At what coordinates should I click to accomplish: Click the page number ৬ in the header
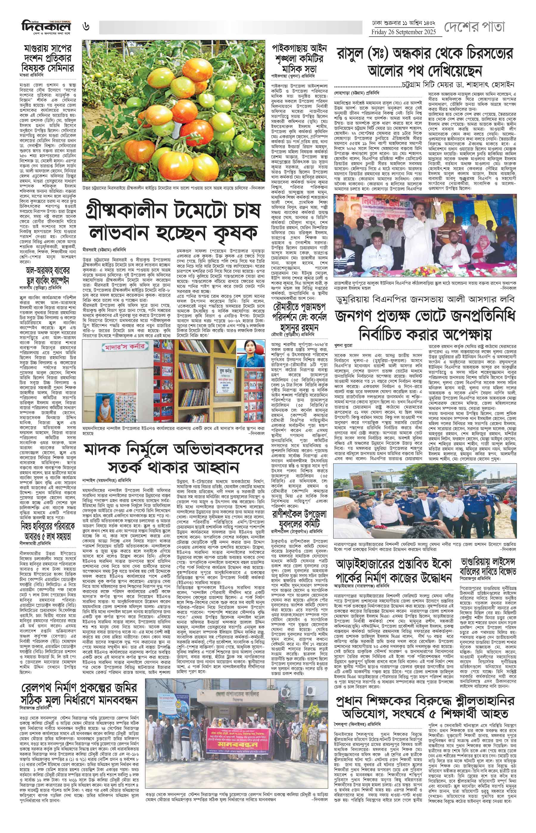tap(86, 27)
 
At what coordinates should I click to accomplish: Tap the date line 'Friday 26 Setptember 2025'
tap(406, 32)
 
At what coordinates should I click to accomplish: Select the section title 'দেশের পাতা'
tap(474, 27)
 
